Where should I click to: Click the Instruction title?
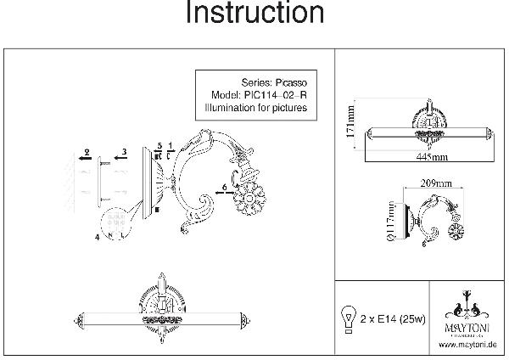coord(255,14)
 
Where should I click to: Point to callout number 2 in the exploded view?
coord(87,150)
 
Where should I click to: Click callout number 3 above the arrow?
coord(124,151)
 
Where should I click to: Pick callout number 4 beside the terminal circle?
coord(98,238)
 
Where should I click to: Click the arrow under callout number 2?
coord(82,158)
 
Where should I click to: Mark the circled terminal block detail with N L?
coord(115,225)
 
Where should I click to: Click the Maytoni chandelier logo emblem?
coord(467,306)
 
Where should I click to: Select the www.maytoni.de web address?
coord(467,346)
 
